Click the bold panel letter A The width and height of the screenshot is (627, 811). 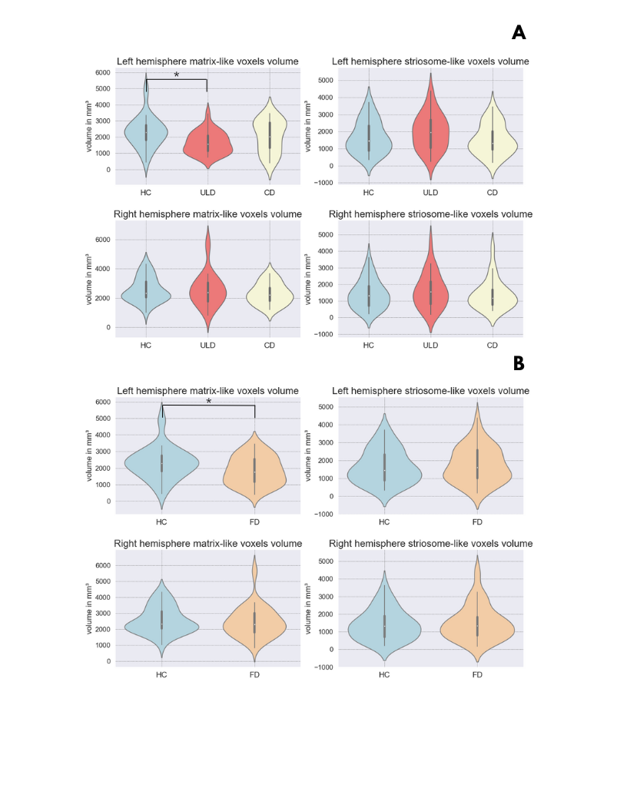(519, 32)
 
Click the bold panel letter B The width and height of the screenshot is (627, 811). (519, 363)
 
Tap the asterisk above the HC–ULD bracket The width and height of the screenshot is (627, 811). (177, 74)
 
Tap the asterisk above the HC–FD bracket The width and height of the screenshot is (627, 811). (208, 401)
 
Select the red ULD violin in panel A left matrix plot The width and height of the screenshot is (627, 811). (207, 138)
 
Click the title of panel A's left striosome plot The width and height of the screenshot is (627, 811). (430, 61)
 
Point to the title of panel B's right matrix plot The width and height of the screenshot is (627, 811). (207, 544)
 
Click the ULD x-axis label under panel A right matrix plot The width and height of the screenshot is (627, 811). (207, 346)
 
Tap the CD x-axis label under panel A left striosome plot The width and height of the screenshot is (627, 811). (493, 192)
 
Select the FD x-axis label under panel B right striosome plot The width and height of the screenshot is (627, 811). (477, 675)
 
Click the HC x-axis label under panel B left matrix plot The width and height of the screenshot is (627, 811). (161, 522)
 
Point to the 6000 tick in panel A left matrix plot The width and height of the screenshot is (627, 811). (103, 73)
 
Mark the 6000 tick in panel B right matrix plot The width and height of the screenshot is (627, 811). (103, 565)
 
